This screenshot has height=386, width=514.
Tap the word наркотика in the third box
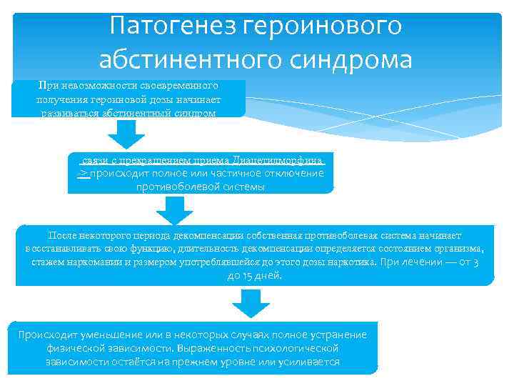(353, 262)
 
